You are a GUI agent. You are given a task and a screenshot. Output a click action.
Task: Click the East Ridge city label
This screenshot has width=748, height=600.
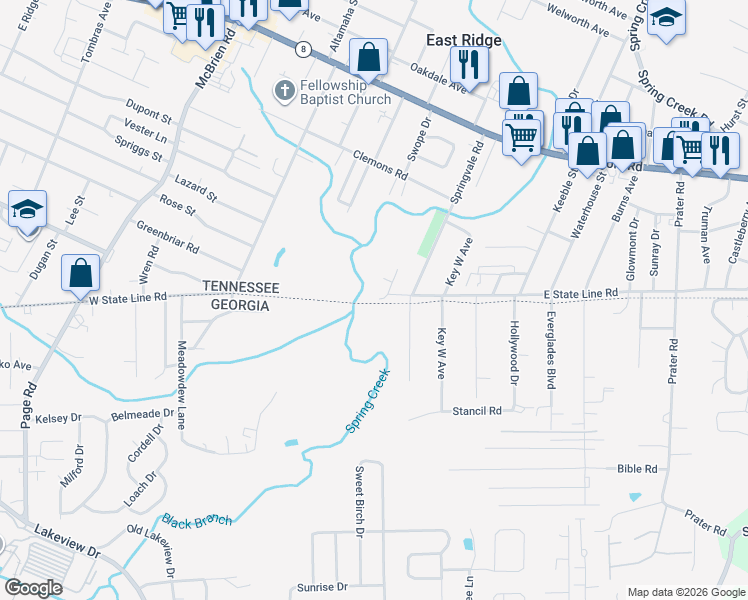pos(464,40)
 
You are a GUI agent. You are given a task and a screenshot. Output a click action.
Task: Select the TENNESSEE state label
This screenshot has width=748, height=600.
pos(239,286)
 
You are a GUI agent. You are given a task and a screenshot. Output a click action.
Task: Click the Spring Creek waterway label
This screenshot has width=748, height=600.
pos(367,401)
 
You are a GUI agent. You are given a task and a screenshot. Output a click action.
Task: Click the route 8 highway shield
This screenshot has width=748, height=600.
pos(303,48)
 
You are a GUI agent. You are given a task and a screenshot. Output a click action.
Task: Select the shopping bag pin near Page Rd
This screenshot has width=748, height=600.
pos(80,273)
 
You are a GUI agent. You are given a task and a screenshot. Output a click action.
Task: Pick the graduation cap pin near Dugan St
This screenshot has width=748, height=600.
pos(28,209)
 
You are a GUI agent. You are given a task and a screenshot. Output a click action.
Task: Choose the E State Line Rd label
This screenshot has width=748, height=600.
pos(581,293)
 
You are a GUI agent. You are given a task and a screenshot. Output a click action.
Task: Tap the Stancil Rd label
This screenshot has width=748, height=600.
pos(476,411)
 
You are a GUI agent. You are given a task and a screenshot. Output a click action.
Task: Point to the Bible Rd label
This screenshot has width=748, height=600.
pos(637,468)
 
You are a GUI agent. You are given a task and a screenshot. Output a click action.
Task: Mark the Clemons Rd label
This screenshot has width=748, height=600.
pos(380,165)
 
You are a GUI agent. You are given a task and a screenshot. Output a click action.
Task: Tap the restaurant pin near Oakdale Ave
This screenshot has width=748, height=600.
pos(467,65)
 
